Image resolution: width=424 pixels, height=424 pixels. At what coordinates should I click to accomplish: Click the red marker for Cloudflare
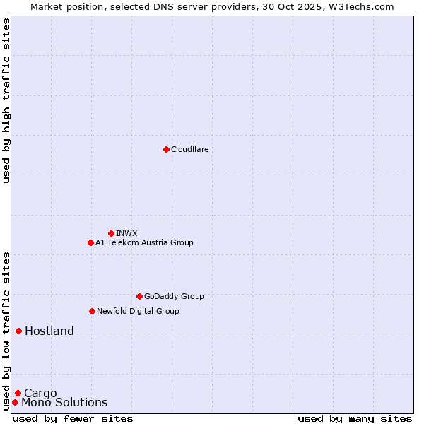tap(166, 149)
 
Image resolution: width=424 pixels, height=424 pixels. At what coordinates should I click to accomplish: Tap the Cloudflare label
tap(190, 149)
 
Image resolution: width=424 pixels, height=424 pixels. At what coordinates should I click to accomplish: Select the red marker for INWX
tap(111, 233)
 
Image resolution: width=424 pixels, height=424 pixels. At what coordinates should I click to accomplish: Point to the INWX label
tap(126, 233)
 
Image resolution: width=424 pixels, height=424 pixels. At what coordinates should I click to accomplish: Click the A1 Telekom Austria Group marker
tap(90, 242)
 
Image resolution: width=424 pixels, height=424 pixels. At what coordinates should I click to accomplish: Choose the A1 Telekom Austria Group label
tap(144, 242)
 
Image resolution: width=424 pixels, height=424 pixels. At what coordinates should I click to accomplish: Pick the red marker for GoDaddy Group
tap(139, 296)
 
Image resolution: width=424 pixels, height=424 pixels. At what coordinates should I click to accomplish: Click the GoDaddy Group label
tap(174, 296)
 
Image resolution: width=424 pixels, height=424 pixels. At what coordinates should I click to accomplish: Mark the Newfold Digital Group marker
tap(92, 311)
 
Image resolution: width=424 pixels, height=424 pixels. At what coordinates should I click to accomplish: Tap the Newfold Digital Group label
tap(138, 311)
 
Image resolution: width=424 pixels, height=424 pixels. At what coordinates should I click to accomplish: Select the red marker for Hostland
tap(18, 331)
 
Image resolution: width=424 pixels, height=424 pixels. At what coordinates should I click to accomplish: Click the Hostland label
tap(49, 331)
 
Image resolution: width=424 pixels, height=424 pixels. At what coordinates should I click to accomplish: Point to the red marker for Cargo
tap(18, 393)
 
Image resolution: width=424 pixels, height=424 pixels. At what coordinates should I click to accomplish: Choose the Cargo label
tap(40, 393)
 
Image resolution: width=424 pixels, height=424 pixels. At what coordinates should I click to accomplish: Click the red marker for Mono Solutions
tap(15, 402)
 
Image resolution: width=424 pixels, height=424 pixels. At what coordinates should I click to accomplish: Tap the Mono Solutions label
tap(64, 403)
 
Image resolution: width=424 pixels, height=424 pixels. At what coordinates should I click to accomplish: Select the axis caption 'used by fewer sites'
tap(73, 418)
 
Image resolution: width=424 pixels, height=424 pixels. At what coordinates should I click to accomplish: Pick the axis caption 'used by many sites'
tap(355, 418)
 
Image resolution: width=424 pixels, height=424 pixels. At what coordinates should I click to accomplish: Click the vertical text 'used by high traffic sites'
tap(6, 100)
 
